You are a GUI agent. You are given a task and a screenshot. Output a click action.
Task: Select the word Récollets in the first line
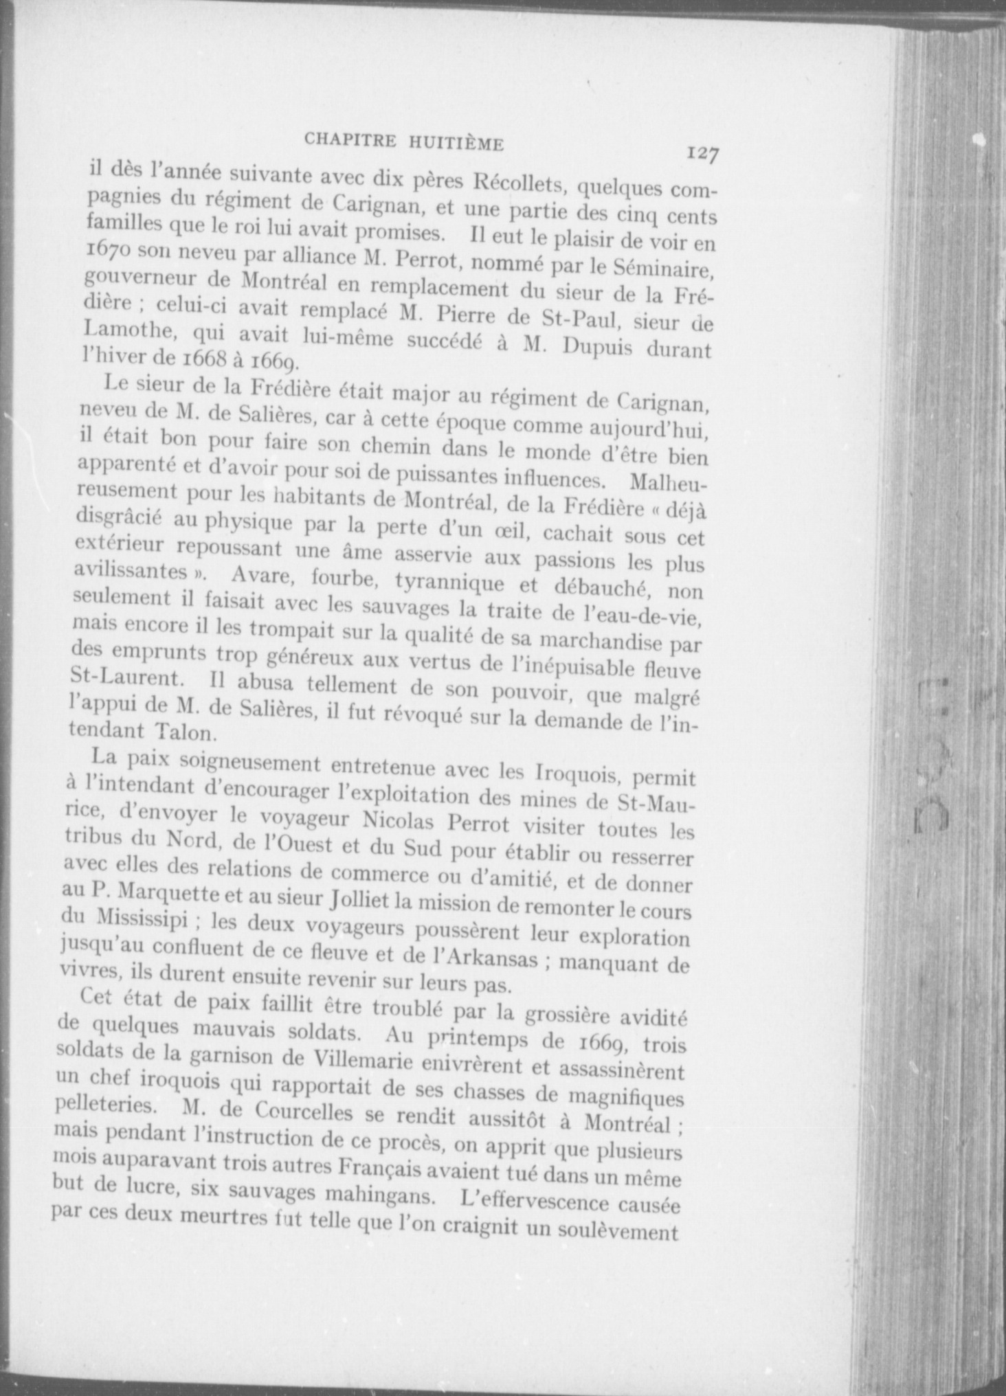[518, 181]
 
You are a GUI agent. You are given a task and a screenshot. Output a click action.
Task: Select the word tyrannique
[449, 582]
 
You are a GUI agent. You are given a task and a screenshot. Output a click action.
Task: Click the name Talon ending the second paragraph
[179, 732]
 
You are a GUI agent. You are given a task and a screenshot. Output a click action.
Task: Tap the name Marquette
[162, 896]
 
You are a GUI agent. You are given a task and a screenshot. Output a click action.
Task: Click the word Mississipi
[140, 919]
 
